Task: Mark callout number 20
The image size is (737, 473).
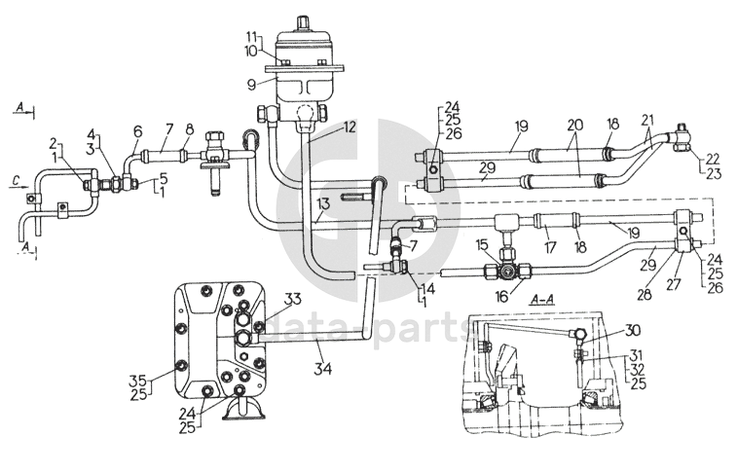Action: [x=575, y=127]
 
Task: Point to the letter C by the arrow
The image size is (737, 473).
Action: [x=15, y=178]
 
